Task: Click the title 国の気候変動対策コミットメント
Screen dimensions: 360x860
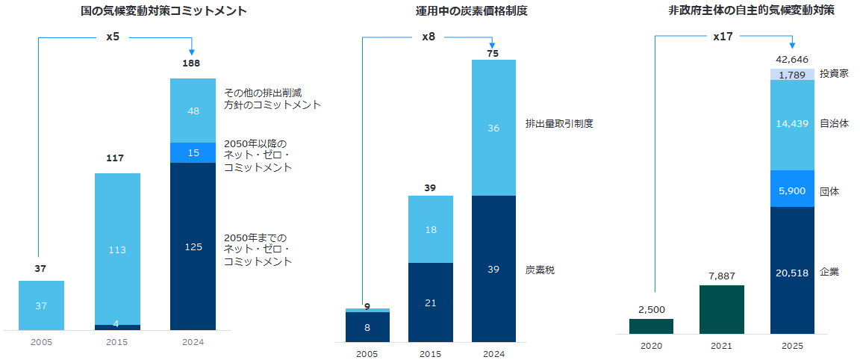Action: pos(163,11)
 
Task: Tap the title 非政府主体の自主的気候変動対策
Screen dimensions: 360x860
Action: pos(751,11)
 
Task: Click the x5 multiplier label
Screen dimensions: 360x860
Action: pos(113,36)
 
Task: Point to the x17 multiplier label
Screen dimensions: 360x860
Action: pos(723,36)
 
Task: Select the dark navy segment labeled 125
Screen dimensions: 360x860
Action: pos(193,246)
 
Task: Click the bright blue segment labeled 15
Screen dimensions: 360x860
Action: pos(193,152)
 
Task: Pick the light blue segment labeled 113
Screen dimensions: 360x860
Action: pos(117,249)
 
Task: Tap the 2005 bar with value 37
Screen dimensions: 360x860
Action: pos(41,305)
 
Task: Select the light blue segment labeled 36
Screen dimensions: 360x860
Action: pos(493,128)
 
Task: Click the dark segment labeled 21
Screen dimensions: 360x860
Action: pos(430,302)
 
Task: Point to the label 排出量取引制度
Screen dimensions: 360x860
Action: pos(559,123)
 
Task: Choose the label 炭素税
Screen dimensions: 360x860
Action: pos(540,270)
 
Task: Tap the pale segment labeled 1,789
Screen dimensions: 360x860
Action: pos(791,75)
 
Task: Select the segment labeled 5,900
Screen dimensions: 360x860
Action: pos(791,190)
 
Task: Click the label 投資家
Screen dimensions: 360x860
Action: pos(835,73)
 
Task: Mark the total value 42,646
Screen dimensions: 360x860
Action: pos(792,59)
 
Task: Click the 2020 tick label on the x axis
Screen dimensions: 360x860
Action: pos(651,347)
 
